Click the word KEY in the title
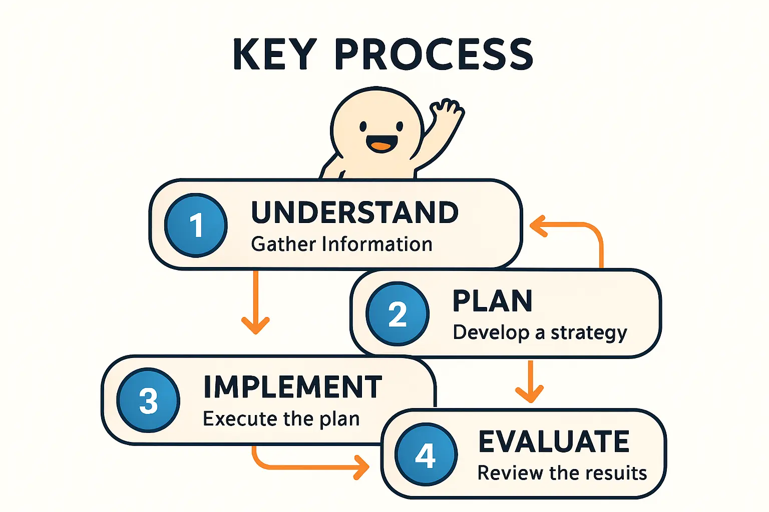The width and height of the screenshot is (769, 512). (x=274, y=54)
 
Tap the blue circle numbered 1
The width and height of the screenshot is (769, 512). (x=196, y=225)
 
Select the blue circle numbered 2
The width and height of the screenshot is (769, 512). (x=397, y=313)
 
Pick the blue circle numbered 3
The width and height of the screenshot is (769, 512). (x=148, y=400)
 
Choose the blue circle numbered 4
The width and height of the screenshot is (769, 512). (x=426, y=454)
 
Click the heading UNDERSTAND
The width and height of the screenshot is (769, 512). (x=354, y=212)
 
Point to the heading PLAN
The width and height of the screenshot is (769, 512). (x=492, y=301)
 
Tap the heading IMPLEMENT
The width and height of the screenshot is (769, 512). (x=292, y=386)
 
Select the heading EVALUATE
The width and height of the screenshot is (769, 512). (x=554, y=441)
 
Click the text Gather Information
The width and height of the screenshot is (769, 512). (x=341, y=244)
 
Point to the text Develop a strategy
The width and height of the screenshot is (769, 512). (x=540, y=333)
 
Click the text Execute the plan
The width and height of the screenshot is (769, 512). (x=281, y=419)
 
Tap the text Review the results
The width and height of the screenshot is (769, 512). (x=562, y=473)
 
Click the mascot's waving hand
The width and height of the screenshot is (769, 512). (x=447, y=109)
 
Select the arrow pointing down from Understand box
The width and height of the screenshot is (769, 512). (x=255, y=302)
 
